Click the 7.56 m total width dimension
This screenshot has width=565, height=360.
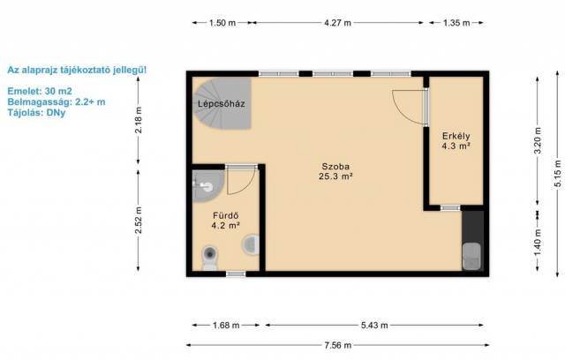pos(337,345)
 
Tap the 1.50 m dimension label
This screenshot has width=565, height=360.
pos(222,23)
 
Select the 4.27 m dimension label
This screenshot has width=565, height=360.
pos(337,23)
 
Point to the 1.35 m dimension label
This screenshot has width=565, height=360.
pos(456,23)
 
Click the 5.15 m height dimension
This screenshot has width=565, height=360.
pos(558,173)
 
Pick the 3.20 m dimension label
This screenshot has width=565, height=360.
pos(538,140)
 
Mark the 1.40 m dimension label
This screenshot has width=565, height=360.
pos(538,243)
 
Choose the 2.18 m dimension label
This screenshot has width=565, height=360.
pos(139,120)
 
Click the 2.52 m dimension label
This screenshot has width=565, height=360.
pos(139,220)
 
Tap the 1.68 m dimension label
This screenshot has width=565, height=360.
pos(226,326)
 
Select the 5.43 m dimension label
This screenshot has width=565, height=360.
pos(374,326)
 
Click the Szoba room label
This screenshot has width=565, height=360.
pos(335,167)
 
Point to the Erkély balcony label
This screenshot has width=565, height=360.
pos(456,136)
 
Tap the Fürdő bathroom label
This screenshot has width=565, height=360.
pos(226,215)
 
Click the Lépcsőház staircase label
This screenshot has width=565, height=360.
pos(222,104)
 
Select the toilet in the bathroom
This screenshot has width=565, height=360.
pos(209,257)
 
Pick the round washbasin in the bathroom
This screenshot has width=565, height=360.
pos(251,244)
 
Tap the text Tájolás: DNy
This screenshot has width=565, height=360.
pos(36,113)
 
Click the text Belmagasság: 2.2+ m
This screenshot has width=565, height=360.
pos(56,101)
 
